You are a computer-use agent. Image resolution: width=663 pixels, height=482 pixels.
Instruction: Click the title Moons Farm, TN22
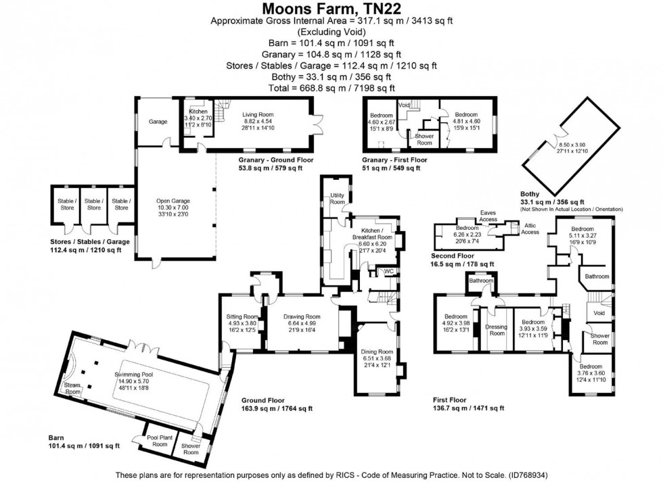click(331, 8)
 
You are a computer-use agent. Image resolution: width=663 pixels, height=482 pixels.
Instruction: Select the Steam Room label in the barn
click(72, 388)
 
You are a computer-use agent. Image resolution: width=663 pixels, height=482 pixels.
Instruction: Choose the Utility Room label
click(337, 199)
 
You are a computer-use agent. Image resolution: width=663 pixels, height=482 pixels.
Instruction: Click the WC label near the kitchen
click(388, 271)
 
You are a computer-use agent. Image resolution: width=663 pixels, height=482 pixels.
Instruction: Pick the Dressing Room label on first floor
click(497, 329)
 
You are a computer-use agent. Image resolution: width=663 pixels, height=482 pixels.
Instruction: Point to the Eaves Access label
click(488, 216)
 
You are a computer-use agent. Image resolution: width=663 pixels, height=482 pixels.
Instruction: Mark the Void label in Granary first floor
click(405, 105)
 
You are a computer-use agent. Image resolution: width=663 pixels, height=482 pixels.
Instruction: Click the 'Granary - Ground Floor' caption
click(271, 160)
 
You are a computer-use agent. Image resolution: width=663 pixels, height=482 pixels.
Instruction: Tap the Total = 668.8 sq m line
click(331, 88)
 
